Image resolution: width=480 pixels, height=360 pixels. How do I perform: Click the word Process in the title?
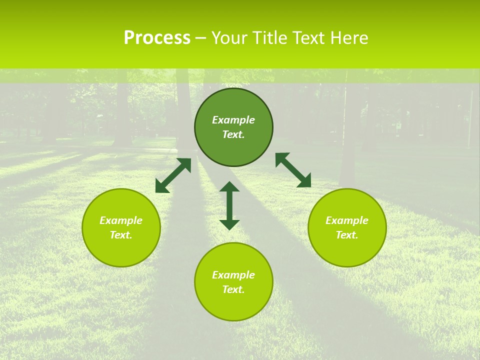(157, 38)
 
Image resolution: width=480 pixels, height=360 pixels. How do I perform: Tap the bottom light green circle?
(233, 305)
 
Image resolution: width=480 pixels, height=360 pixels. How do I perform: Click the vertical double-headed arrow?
(229, 205)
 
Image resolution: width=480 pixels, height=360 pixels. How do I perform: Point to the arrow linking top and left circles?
(173, 175)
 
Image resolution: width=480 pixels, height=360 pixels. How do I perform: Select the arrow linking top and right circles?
(293, 170)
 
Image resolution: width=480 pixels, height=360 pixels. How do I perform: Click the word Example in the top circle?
(233, 120)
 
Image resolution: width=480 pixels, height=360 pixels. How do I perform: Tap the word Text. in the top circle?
(233, 134)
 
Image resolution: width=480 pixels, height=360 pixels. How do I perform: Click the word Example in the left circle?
(121, 220)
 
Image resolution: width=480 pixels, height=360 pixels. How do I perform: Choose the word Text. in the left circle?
(121, 235)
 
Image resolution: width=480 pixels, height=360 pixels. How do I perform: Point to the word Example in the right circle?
(347, 220)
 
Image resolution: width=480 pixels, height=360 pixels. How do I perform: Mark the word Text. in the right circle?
(347, 235)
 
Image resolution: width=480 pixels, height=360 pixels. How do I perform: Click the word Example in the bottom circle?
(233, 275)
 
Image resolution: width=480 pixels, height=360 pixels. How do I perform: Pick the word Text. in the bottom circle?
(233, 289)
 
